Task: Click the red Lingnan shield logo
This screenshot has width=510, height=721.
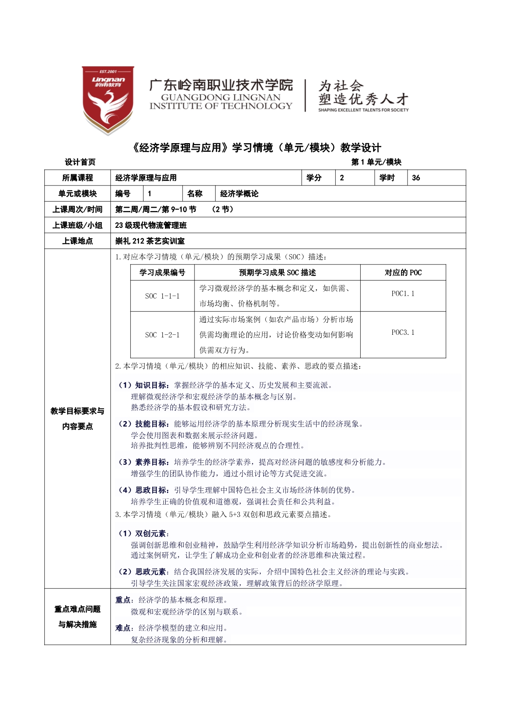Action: coord(108,100)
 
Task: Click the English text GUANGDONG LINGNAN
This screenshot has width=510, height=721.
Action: coord(220,97)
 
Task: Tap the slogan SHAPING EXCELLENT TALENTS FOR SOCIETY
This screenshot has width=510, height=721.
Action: coord(363,110)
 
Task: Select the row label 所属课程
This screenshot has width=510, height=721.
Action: coord(77,178)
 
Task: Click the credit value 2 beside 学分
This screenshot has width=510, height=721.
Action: coord(342,178)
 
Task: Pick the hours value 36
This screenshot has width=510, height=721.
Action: coord(416,178)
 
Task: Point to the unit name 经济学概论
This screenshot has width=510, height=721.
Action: coord(239,194)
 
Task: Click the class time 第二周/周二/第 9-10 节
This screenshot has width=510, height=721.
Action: coord(155,209)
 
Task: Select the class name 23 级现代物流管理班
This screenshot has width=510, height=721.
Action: coord(151,225)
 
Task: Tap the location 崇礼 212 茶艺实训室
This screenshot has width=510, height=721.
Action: coord(150,241)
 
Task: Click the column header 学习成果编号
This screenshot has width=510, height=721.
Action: coord(162,273)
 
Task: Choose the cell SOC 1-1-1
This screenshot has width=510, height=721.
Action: coord(162,296)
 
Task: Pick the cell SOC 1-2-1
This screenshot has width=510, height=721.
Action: coord(162,335)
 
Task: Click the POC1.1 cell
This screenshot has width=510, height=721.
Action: coord(403,294)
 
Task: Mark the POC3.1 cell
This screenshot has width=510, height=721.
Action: coord(403,332)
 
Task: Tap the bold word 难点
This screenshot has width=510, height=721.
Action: coord(123,628)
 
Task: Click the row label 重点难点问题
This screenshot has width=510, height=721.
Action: coord(77,609)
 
